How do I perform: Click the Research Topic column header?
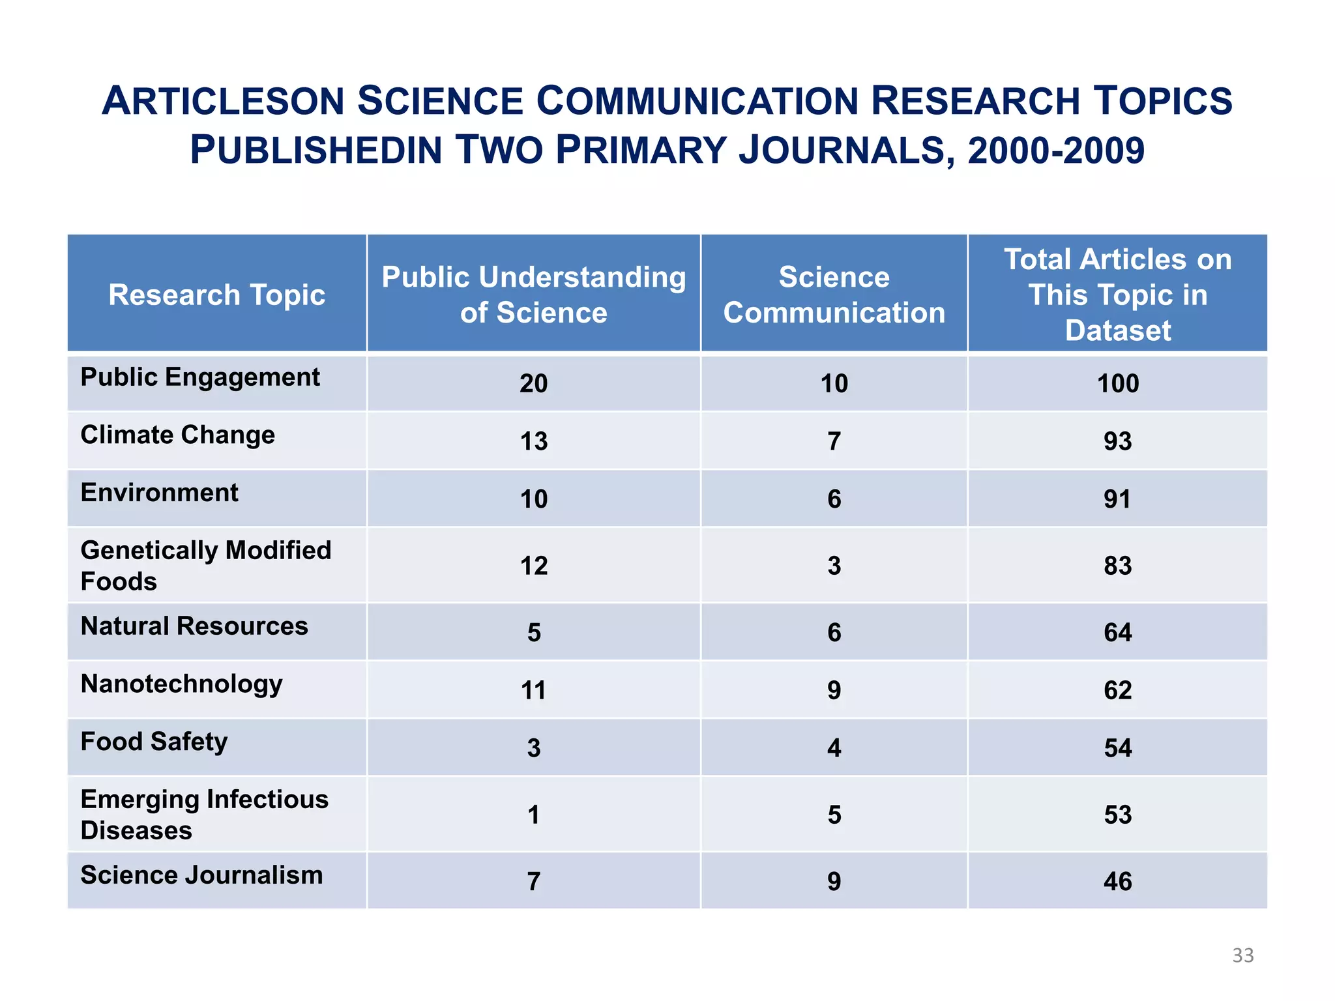point(216,295)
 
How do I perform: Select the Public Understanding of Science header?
point(533,295)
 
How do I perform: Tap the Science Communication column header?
point(834,295)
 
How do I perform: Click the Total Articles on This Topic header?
point(1117,295)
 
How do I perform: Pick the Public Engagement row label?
point(199,377)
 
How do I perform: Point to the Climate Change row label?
point(177,435)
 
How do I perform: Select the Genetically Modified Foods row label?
point(205,565)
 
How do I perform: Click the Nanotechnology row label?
point(181,684)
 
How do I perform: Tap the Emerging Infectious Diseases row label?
point(204,814)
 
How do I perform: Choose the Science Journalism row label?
point(201,875)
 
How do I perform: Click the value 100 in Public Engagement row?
point(1117,383)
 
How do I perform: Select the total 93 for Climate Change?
point(1117,441)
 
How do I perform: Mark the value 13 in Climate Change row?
point(533,441)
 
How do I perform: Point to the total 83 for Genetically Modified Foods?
point(1117,566)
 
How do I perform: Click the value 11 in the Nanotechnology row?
point(533,690)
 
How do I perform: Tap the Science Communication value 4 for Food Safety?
point(834,748)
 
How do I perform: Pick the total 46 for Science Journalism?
point(1117,882)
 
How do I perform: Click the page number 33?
point(1242,955)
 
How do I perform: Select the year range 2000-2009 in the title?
point(1056,150)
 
